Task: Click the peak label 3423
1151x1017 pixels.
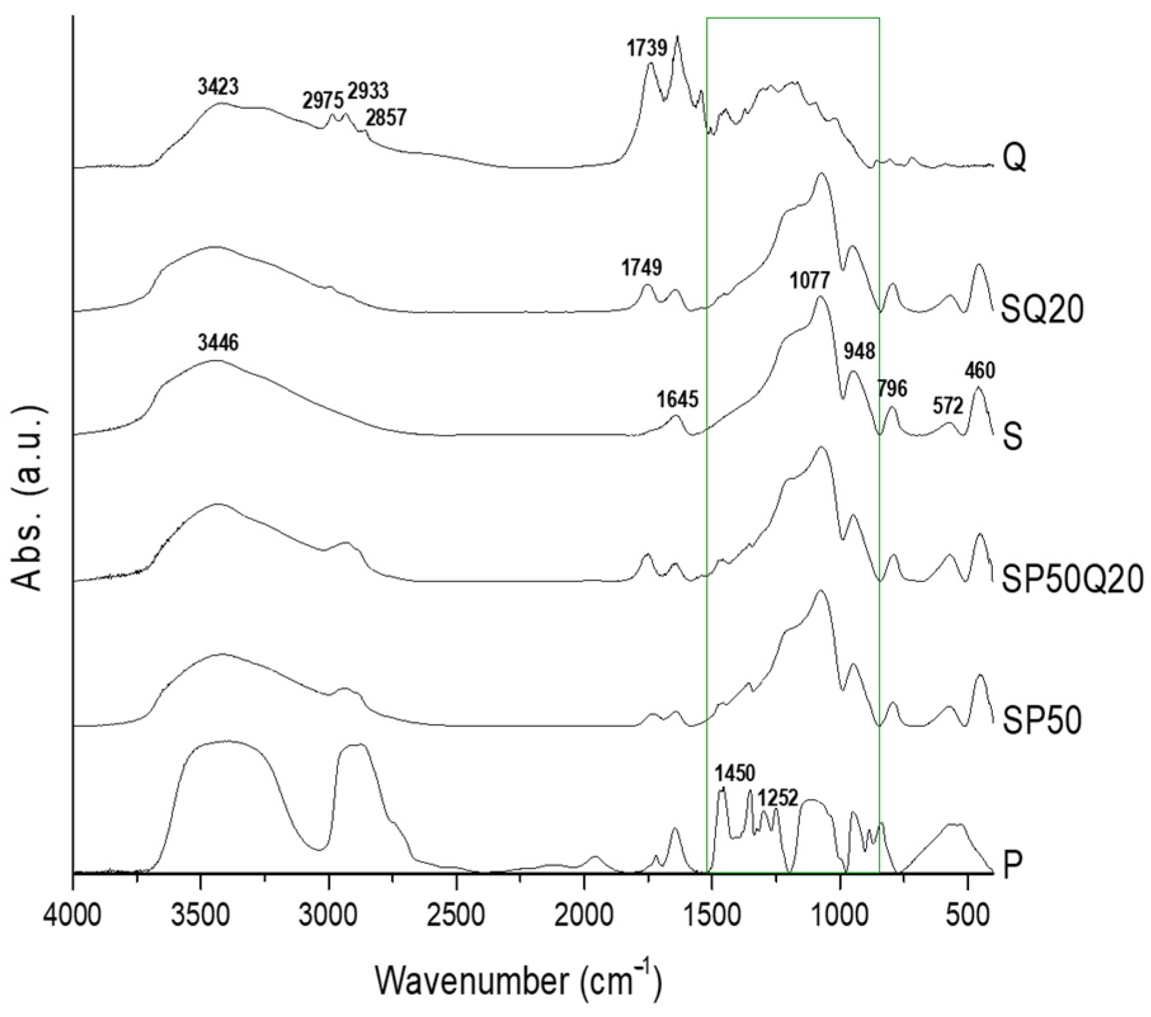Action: [218, 87]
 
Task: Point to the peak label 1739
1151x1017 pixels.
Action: [647, 48]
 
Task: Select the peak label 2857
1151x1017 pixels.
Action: [386, 117]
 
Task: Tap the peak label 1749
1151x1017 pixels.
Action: [641, 268]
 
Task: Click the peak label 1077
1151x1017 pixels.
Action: [810, 280]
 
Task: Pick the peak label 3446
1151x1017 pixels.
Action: [218, 343]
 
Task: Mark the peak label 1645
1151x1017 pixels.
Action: [678, 400]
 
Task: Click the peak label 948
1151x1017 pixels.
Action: [859, 351]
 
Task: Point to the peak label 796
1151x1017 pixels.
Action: [892, 388]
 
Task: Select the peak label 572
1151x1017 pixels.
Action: [948, 405]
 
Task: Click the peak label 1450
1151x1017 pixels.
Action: [735, 774]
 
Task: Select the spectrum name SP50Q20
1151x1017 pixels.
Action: [1072, 579]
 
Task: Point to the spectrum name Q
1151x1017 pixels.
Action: [1014, 159]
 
